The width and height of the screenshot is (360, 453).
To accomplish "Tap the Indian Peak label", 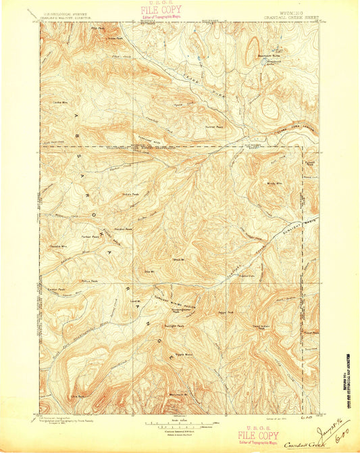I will [x=131, y=197].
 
